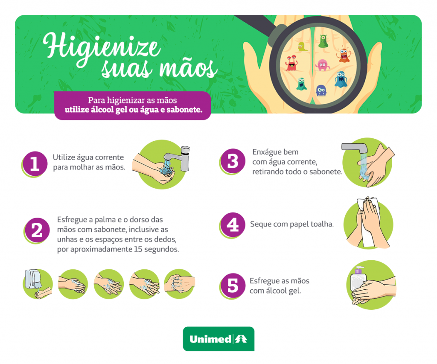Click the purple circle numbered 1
(x=35, y=163)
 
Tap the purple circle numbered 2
(x=37, y=230)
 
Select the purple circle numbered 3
(x=233, y=161)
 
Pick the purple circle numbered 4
(x=233, y=224)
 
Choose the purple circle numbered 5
(x=233, y=285)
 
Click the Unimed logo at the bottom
(x=218, y=339)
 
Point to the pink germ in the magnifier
(x=322, y=65)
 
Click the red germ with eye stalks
(x=291, y=63)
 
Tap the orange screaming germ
(x=344, y=55)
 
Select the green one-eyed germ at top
(x=323, y=41)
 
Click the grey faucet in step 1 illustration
(x=178, y=157)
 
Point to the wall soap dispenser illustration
(x=33, y=280)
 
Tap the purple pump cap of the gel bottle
(x=358, y=270)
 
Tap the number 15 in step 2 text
(x=138, y=249)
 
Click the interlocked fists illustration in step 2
(x=180, y=284)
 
